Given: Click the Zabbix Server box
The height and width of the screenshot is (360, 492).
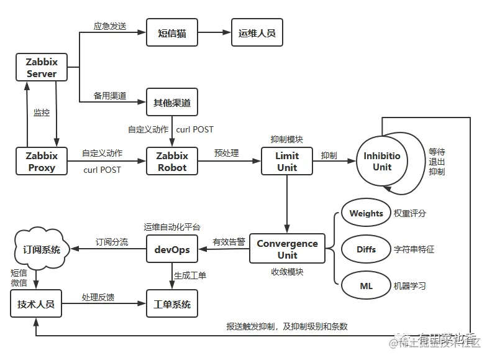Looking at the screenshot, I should pyautogui.click(x=41, y=67).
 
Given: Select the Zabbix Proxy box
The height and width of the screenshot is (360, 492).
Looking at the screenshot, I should pyautogui.click(x=41, y=161).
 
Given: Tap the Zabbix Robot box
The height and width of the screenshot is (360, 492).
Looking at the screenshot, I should pyautogui.click(x=172, y=161).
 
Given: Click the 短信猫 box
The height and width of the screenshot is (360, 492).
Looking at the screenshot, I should pyautogui.click(x=172, y=33).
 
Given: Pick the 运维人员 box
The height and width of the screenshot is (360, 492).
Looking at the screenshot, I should pyautogui.click(x=257, y=33).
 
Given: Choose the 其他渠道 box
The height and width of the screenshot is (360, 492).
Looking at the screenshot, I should pyautogui.click(x=172, y=103).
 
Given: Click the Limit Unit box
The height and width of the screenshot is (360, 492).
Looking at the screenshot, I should pyautogui.click(x=286, y=161).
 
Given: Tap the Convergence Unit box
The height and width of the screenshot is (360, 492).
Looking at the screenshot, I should pyautogui.click(x=286, y=249).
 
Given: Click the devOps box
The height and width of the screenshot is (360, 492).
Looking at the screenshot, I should pyautogui.click(x=172, y=249).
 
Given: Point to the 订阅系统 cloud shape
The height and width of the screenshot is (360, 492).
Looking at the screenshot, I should pyautogui.click(x=38, y=249).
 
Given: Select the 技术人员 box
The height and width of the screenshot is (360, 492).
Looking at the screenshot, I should pyautogui.click(x=37, y=304).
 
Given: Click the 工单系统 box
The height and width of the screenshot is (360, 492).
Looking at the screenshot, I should pyautogui.click(x=172, y=304).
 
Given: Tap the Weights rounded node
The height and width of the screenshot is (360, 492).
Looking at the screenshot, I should pyautogui.click(x=365, y=213).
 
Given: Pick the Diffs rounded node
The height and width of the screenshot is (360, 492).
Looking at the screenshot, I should pyautogui.click(x=365, y=249).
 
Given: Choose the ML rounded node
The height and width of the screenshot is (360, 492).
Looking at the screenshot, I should pyautogui.click(x=365, y=286).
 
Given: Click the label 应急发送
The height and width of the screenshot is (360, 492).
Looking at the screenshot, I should pyautogui.click(x=109, y=26).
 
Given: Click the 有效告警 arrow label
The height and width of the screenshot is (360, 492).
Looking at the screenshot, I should pyautogui.click(x=229, y=242).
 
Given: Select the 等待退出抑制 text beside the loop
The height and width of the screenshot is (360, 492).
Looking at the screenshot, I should pyautogui.click(x=437, y=162).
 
